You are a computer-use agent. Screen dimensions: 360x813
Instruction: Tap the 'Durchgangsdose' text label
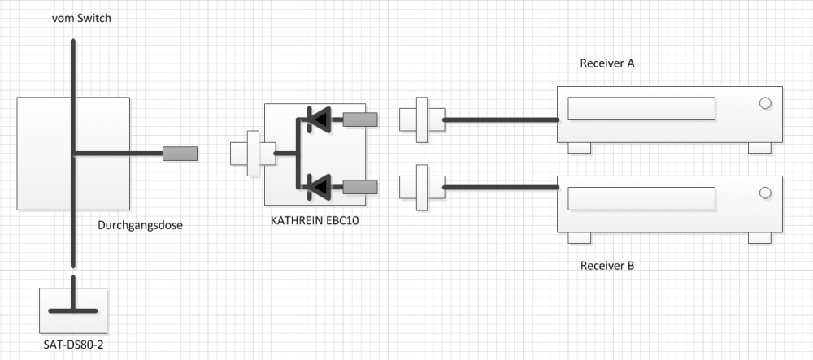[x=140, y=225]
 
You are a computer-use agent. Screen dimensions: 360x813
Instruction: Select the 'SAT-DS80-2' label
[x=73, y=345]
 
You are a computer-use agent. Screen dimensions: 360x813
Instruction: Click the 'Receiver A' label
[x=606, y=63]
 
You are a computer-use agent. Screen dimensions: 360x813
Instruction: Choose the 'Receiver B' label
[x=606, y=266]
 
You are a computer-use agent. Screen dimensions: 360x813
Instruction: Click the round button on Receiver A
[x=764, y=103]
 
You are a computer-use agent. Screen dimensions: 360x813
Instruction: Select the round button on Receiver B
[x=764, y=193]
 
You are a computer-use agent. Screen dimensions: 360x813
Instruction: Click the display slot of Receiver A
[x=641, y=108]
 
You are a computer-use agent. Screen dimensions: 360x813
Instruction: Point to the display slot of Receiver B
[x=641, y=197]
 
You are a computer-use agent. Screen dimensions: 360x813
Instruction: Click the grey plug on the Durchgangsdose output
[x=180, y=153]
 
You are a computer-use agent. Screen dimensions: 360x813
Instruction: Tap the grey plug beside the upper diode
[x=360, y=120]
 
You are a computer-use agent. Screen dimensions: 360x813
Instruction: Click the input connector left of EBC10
[x=251, y=153]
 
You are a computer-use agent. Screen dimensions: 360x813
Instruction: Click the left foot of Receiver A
[x=579, y=148]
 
